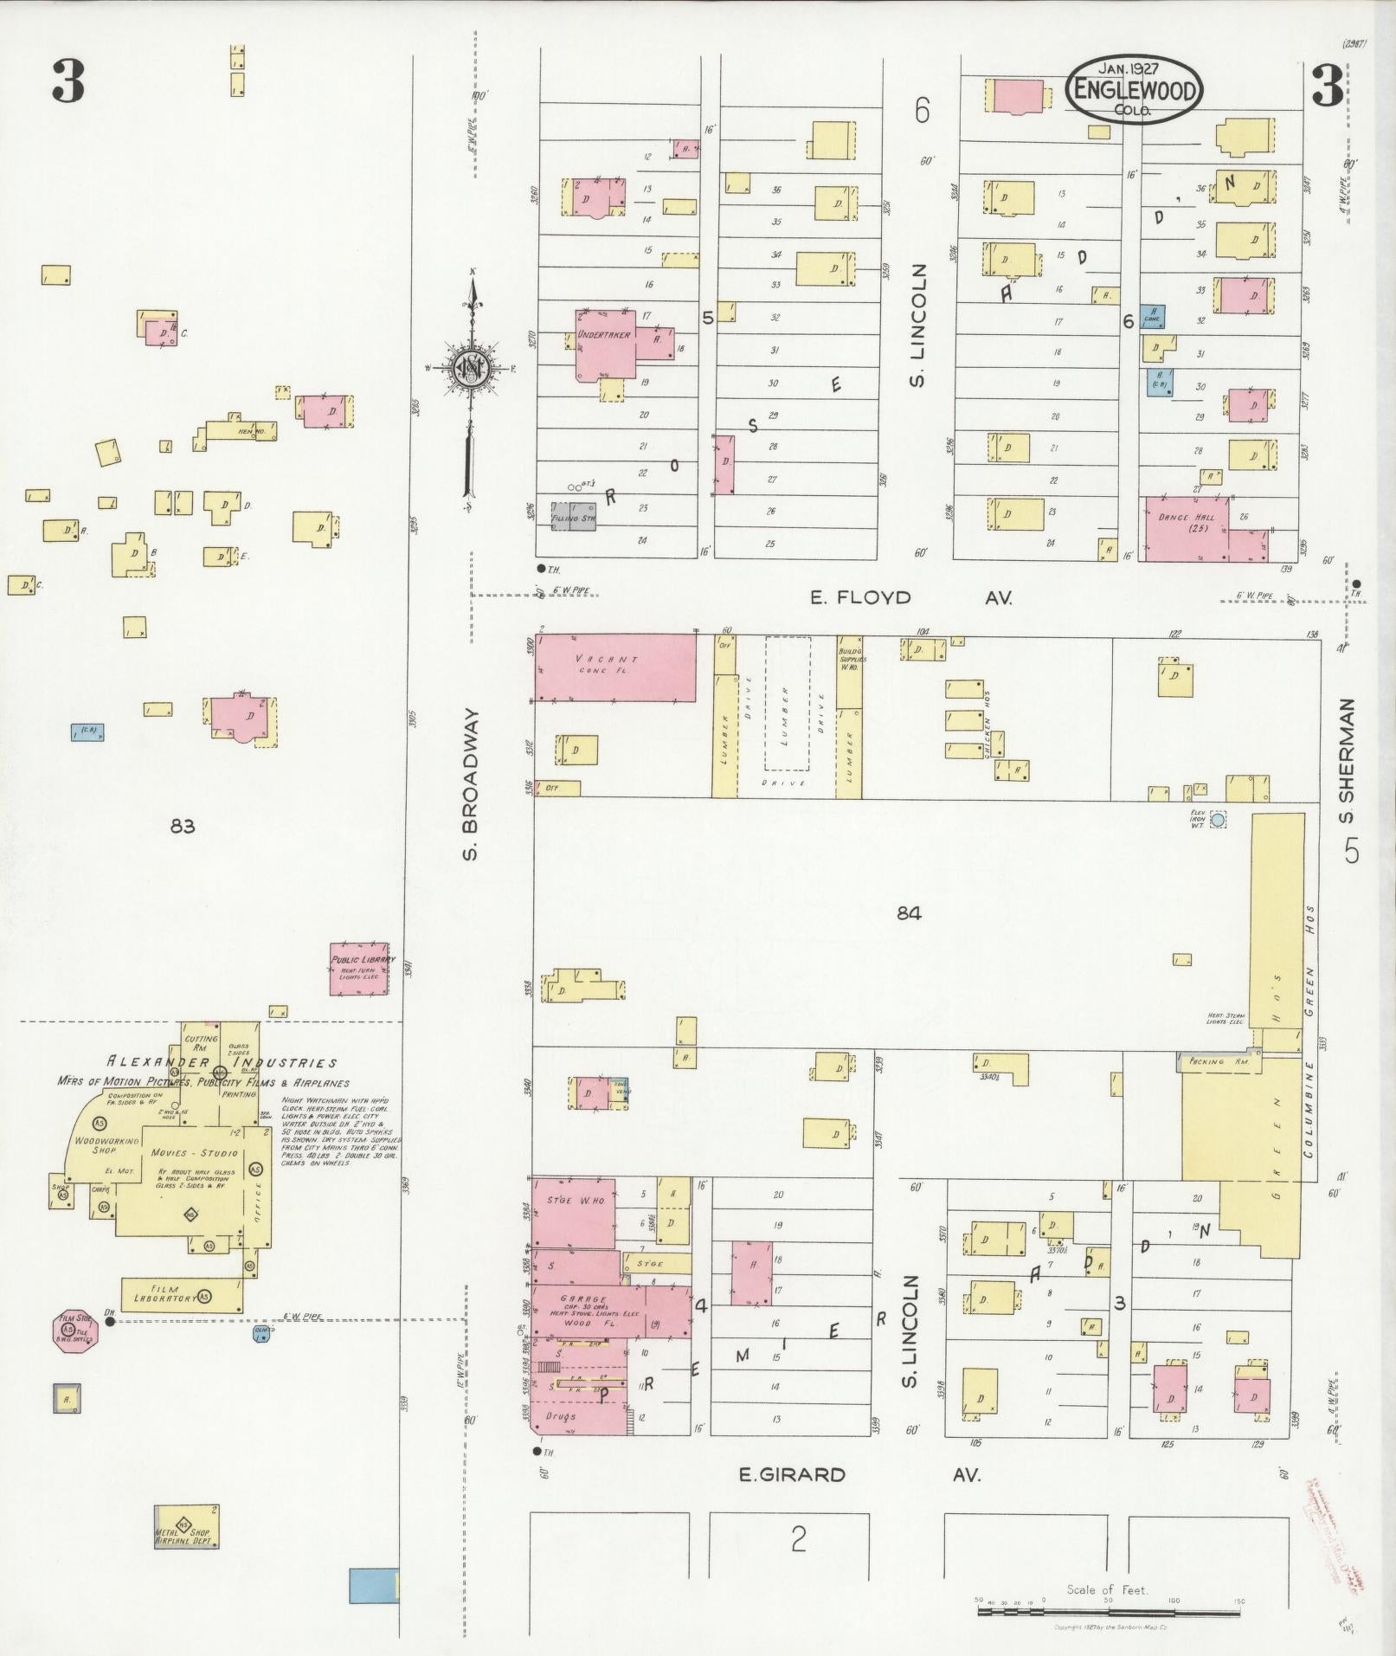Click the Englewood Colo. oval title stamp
point(1135,90)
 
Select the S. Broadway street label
point(470,784)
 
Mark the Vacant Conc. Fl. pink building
point(614,667)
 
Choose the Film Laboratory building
point(182,1295)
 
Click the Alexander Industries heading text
point(221,1063)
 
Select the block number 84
point(909,912)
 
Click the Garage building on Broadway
point(589,1311)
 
